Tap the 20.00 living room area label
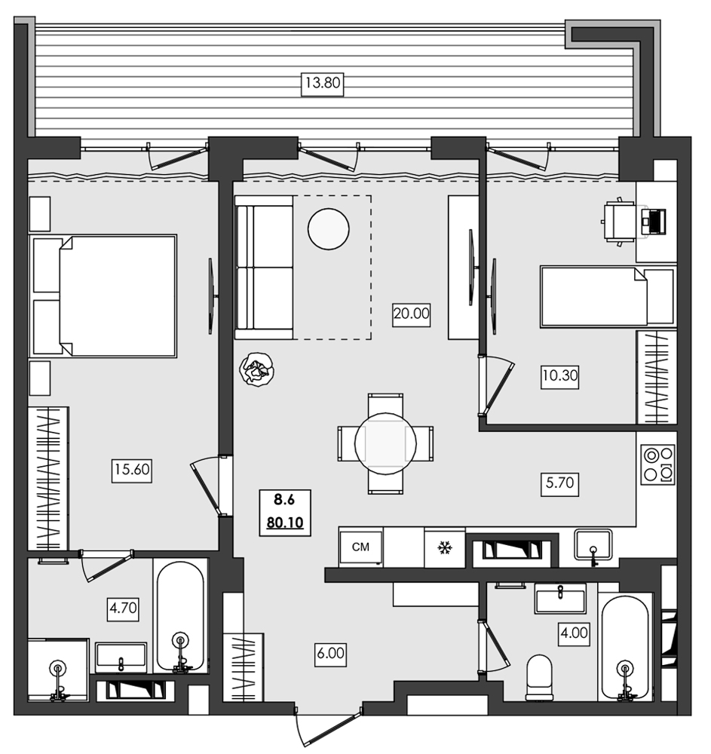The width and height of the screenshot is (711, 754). (x=411, y=314)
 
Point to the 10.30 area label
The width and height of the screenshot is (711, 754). (x=559, y=375)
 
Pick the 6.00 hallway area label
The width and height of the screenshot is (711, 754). (x=329, y=654)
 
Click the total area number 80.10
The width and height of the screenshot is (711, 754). (x=284, y=522)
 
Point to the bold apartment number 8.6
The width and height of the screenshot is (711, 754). (x=283, y=499)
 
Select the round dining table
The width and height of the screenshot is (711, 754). (x=385, y=443)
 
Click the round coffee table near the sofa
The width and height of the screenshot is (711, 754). (x=329, y=228)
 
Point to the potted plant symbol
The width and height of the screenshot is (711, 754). (x=256, y=370)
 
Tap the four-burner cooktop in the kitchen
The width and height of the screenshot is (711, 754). (x=657, y=465)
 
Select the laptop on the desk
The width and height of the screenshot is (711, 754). (x=654, y=221)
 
